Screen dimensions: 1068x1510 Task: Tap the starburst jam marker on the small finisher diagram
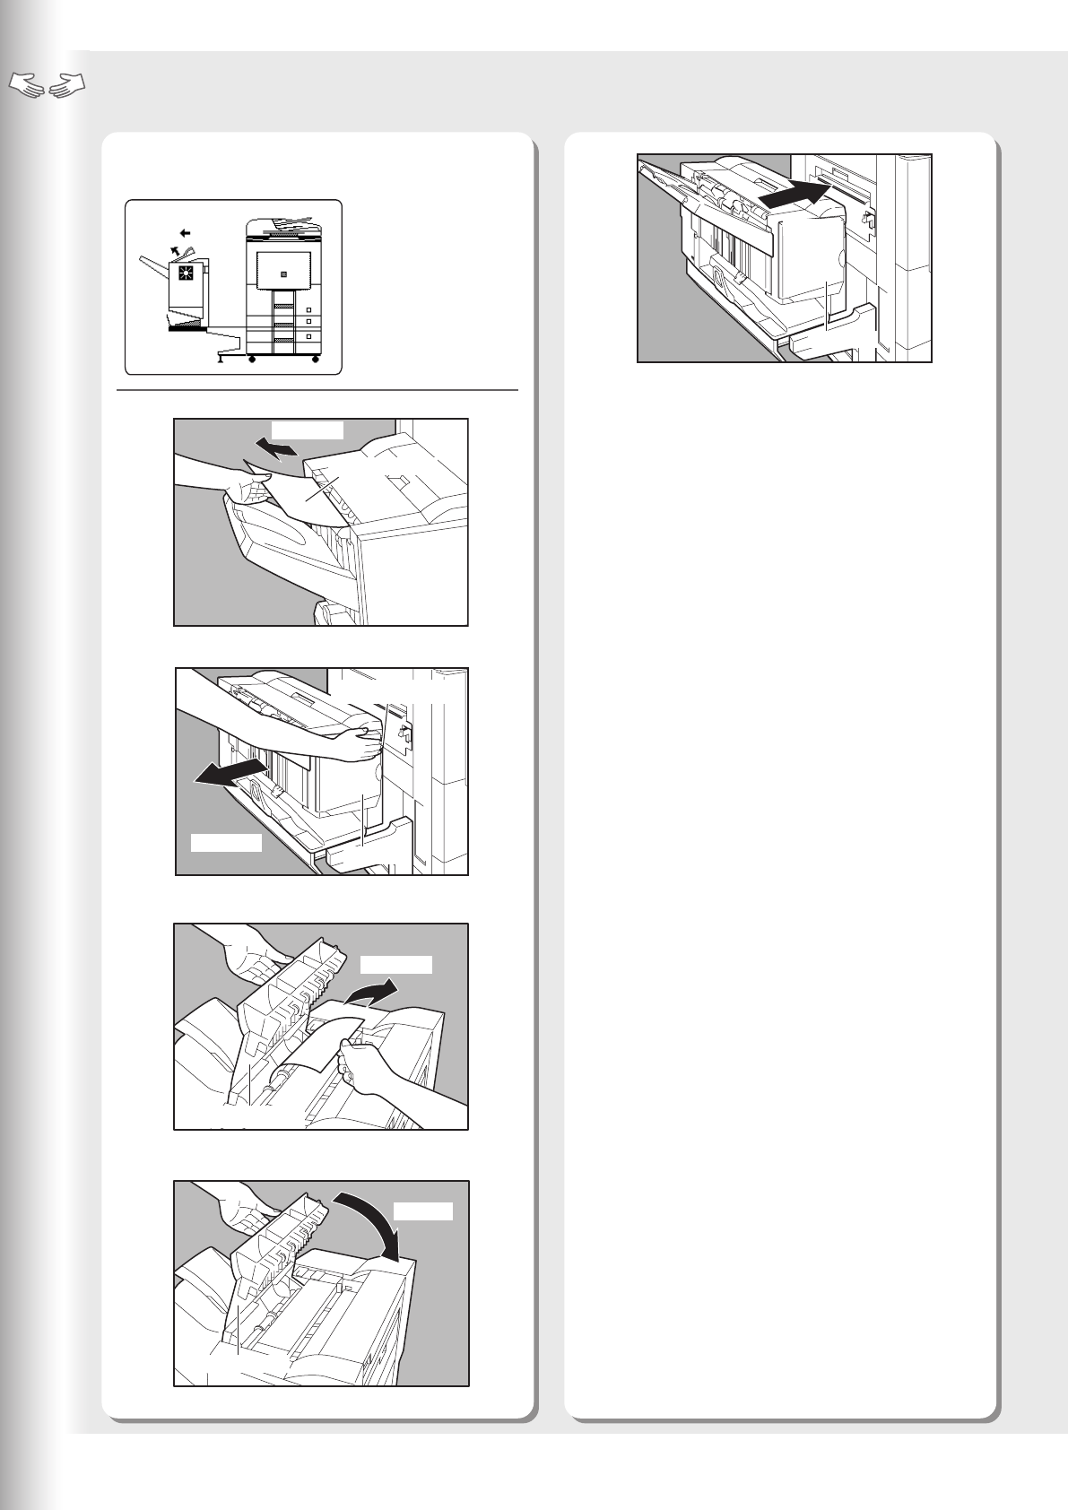coord(187,273)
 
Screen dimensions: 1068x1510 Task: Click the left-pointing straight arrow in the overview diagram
coord(185,232)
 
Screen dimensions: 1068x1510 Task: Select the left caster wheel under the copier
coord(252,360)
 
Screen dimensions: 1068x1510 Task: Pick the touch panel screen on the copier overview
coord(283,270)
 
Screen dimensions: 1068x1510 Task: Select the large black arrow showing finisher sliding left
coord(231,772)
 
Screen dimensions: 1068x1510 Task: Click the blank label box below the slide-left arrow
coord(226,842)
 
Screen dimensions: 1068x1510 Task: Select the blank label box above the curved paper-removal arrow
coord(395,965)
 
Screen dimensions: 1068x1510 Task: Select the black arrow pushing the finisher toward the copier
coord(790,193)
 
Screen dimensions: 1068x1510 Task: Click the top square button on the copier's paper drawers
coord(308,309)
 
